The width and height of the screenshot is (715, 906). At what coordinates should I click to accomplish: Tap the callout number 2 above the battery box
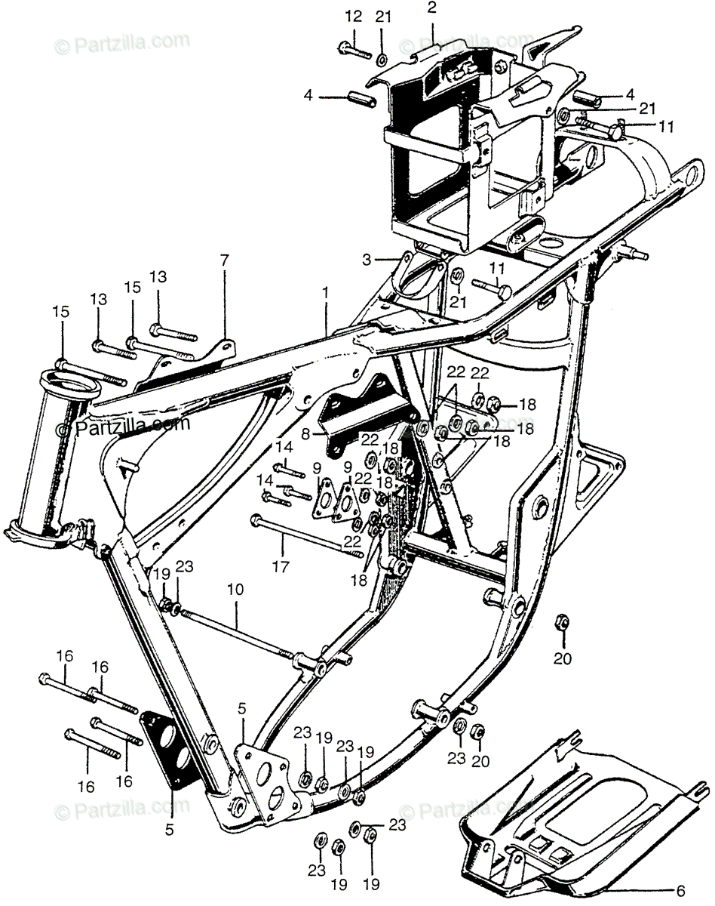(x=432, y=8)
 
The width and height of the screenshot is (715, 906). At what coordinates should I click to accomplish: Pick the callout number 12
(x=354, y=17)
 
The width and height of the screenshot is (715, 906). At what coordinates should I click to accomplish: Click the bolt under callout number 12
(x=354, y=51)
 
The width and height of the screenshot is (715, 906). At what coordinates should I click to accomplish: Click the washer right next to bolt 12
(x=382, y=58)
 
